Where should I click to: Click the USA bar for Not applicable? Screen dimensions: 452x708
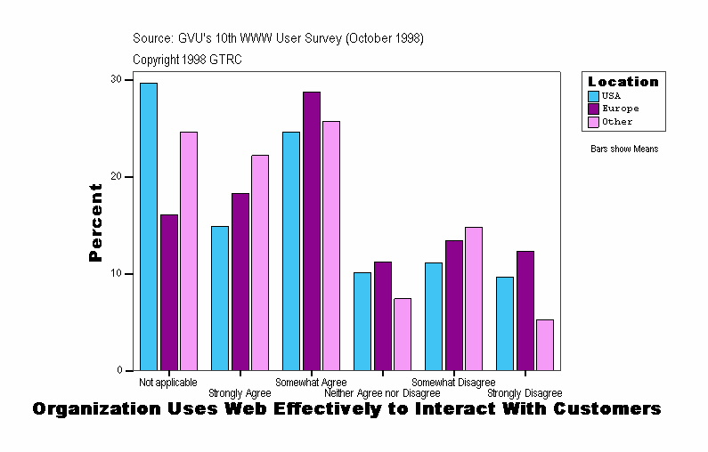pos(149,227)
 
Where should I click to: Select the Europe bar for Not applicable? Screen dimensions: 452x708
pos(169,293)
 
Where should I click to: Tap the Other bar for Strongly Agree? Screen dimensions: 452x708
pos(260,262)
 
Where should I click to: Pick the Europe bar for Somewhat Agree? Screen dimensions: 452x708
pos(312,231)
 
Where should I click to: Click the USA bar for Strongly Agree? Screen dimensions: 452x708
pos(220,298)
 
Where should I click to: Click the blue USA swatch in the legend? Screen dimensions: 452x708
pos(593,96)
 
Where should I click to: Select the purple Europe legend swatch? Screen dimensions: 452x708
pos(593,109)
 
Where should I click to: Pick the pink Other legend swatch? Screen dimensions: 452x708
pos(593,122)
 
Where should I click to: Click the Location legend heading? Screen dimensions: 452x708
pos(623,82)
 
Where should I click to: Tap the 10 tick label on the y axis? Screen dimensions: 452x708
pos(116,274)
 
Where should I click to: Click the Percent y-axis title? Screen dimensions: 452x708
pos(95,222)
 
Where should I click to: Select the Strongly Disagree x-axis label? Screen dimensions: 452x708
pos(525,393)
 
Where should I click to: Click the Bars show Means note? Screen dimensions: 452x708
pos(624,149)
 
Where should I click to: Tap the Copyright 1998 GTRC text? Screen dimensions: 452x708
pos(187,60)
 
